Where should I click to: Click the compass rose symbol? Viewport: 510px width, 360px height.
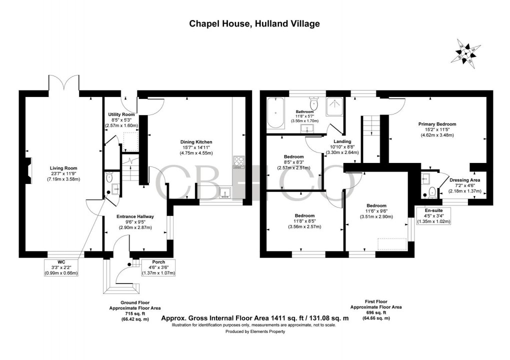(x=465, y=52)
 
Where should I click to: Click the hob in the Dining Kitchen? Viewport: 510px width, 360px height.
(x=237, y=161)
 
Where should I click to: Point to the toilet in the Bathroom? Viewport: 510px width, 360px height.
(x=314, y=104)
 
